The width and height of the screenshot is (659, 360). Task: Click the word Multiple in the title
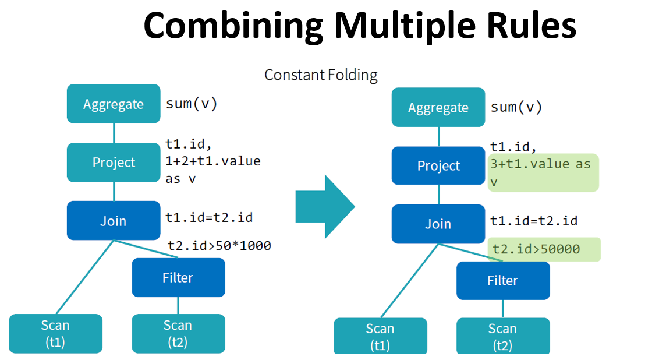405,26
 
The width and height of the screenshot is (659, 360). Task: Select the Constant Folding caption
321,75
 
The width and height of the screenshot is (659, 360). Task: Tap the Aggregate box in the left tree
114,104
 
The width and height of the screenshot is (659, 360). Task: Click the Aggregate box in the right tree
438,107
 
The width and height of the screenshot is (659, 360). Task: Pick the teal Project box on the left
114,163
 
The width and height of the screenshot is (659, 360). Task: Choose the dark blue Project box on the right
438,165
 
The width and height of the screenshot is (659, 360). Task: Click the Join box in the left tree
114,220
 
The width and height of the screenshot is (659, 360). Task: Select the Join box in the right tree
438,224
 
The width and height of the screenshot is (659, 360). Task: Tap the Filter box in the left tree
178,277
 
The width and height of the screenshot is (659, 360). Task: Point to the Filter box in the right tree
503,281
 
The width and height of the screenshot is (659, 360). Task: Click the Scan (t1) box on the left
56,334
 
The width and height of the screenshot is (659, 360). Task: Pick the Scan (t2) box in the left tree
178,334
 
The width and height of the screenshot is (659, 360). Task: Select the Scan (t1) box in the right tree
380,336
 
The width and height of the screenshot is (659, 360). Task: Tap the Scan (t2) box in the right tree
503,336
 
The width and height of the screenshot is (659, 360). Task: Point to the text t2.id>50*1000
219,246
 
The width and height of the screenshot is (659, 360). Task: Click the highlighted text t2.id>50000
536,249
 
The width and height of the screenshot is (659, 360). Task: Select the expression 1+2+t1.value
212,161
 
